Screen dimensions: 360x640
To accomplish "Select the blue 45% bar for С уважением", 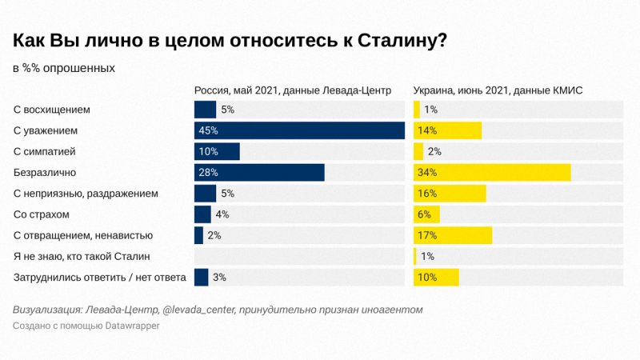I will (x=300, y=130).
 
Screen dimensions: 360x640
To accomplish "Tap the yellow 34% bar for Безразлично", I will (x=492, y=172).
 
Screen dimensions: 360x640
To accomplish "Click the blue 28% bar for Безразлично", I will (x=259, y=172).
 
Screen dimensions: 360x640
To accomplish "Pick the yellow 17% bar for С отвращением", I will (x=453, y=235).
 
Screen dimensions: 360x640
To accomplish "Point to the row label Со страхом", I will (x=42, y=214).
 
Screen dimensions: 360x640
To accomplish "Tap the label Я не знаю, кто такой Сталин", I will (x=82, y=256).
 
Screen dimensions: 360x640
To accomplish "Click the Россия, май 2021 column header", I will (x=293, y=90).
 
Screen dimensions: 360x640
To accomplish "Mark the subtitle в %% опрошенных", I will (x=64, y=68).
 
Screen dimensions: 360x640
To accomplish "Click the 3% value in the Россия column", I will (x=220, y=278).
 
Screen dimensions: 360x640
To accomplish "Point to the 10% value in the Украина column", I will (x=427, y=278).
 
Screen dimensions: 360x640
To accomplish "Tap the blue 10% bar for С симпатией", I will (x=217, y=151).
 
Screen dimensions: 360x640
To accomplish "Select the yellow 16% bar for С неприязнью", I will (x=450, y=194).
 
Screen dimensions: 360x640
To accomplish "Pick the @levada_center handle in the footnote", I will (x=201, y=309).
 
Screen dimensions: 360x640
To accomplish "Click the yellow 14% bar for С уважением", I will (x=447, y=130).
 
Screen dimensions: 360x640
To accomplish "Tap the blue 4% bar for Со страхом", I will (x=202, y=214).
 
